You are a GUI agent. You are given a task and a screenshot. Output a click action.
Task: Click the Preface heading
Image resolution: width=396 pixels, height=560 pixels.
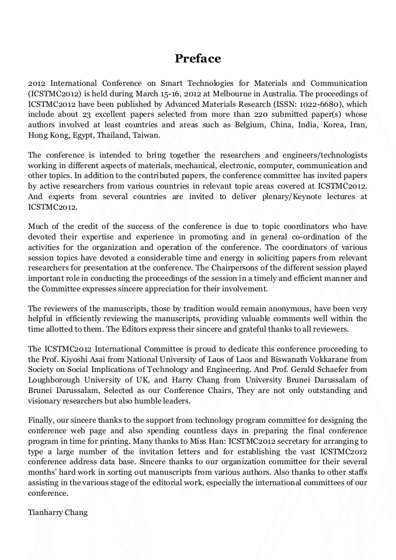(x=198, y=58)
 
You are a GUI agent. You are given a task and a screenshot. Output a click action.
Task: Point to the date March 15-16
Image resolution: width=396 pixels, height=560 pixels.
(x=165, y=93)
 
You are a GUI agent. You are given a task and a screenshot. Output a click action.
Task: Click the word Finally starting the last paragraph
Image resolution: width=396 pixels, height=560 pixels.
(x=41, y=420)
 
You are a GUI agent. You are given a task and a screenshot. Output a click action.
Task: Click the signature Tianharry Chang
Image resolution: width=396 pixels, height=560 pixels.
(x=58, y=512)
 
